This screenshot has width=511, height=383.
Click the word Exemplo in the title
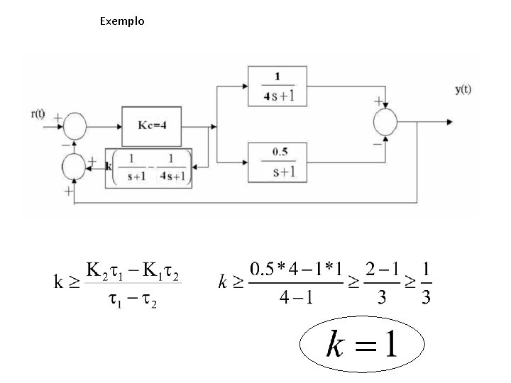pos(122,21)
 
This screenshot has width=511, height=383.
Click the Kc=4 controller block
pos(153,126)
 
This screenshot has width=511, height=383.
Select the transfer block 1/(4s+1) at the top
pos(276,86)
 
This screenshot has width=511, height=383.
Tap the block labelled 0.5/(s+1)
pos(276,161)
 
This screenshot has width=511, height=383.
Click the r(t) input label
pos(39,114)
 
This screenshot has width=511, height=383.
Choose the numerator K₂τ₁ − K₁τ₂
pos(133,270)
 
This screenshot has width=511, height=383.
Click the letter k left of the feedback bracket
pos(108,167)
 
